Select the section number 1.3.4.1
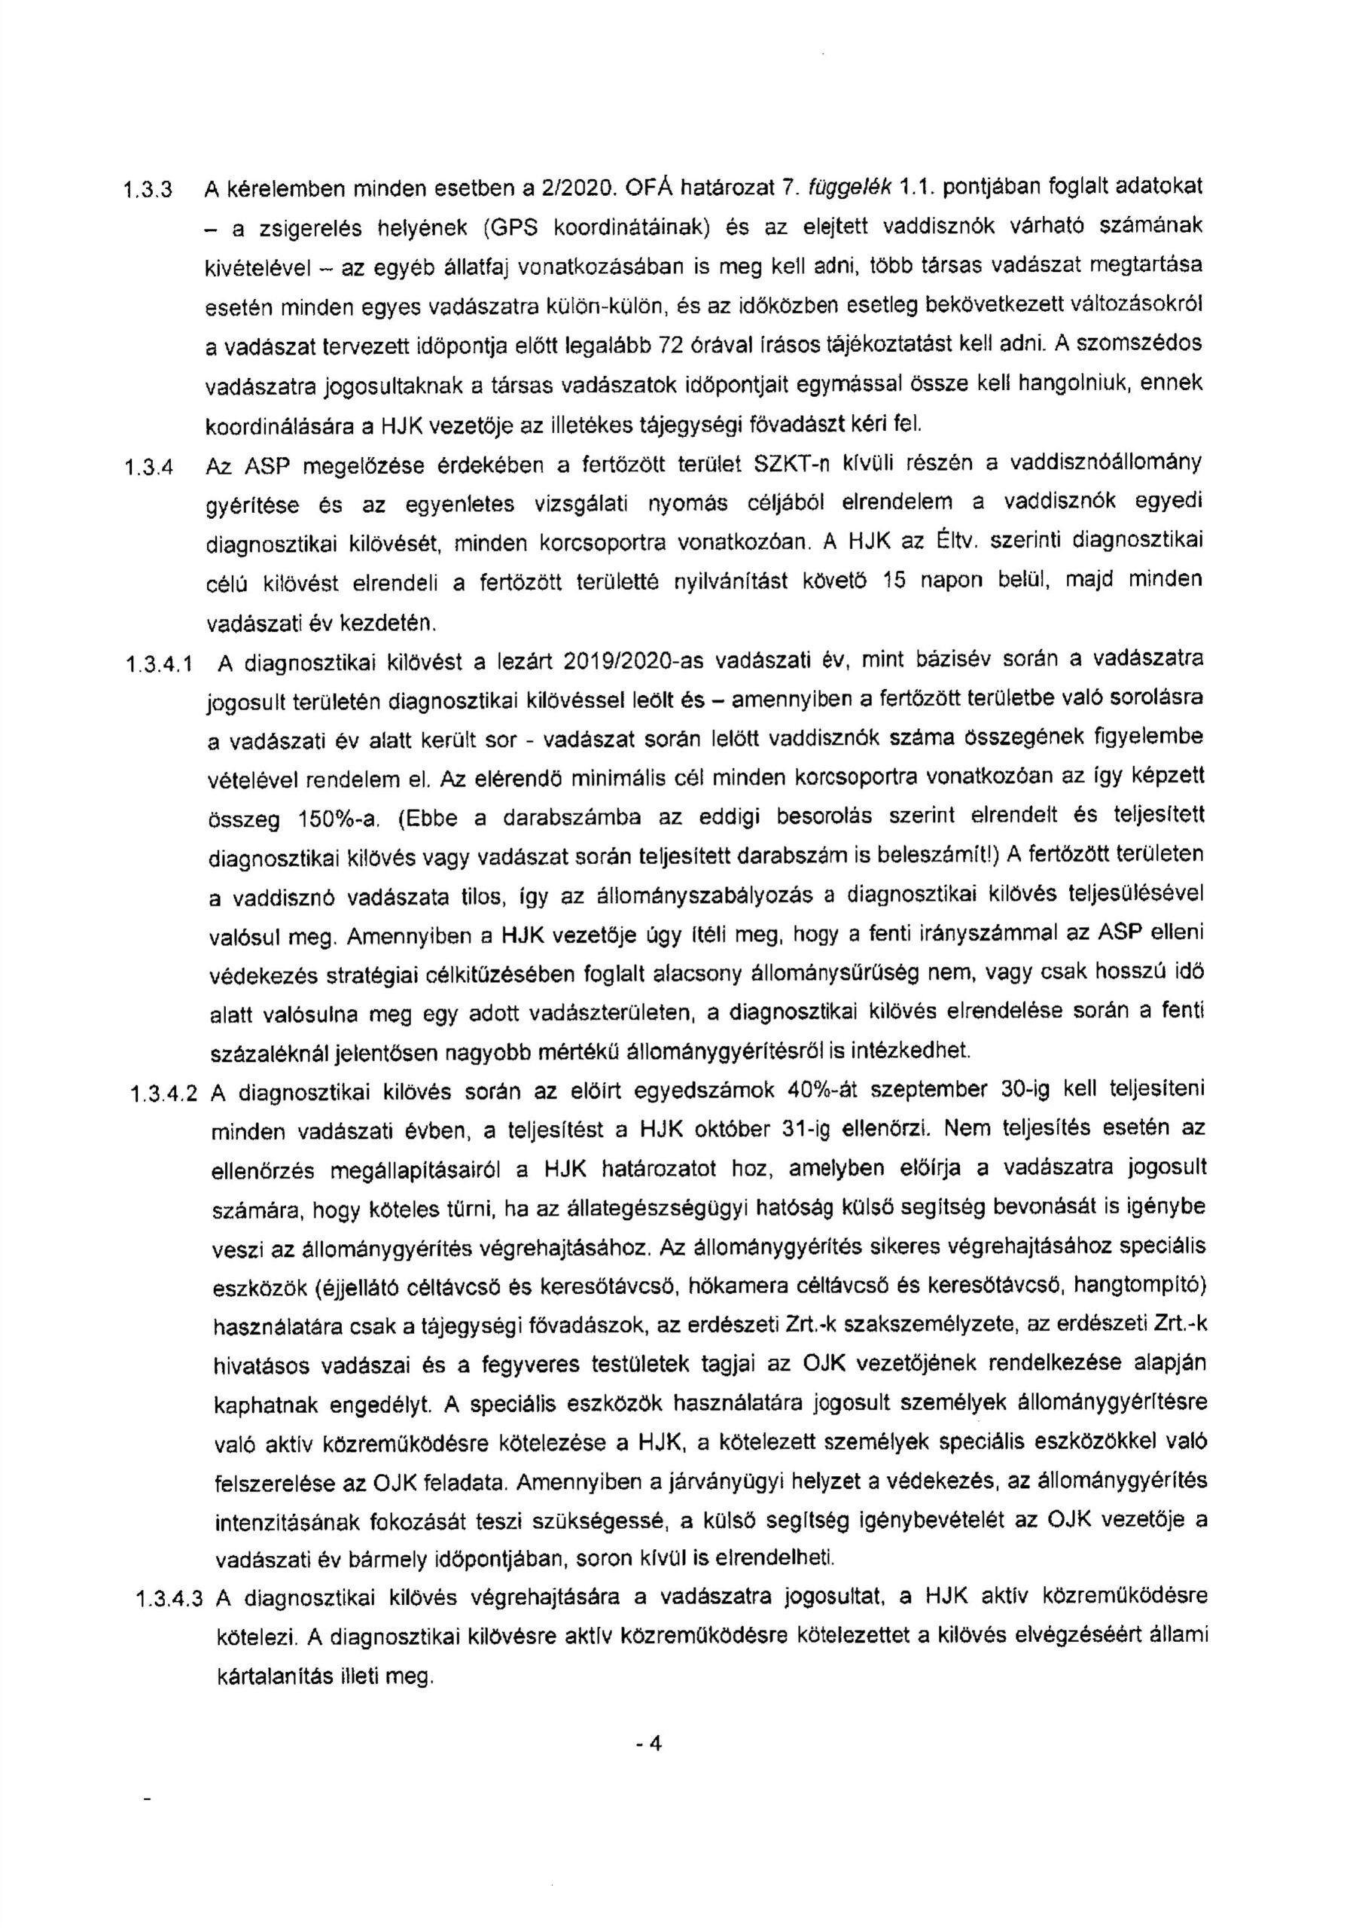[160, 666]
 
